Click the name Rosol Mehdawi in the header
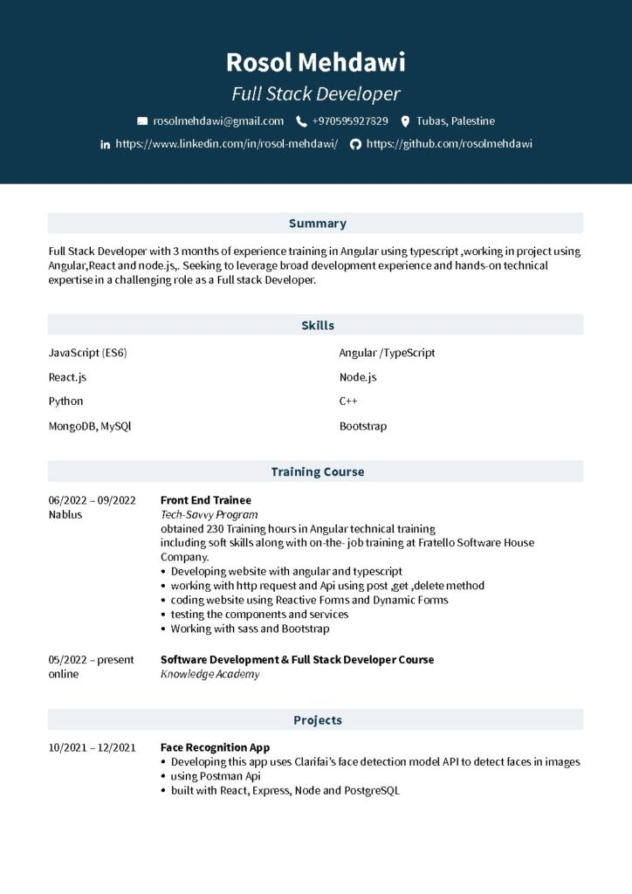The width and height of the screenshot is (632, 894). click(315, 63)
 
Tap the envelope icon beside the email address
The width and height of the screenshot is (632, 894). click(142, 121)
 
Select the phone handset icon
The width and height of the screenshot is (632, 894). click(301, 121)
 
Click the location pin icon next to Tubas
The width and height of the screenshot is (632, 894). click(405, 121)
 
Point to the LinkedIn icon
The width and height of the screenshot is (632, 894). click(106, 144)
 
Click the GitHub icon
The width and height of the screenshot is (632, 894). click(355, 144)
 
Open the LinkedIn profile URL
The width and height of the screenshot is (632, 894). click(226, 144)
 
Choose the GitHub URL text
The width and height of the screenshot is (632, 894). click(449, 144)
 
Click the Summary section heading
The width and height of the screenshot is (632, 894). click(317, 223)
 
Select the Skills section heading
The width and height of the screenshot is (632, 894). click(317, 326)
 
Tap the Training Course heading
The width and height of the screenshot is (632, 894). click(317, 471)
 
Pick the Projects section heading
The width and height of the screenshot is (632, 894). click(317, 720)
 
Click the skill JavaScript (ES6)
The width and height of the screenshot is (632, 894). click(87, 353)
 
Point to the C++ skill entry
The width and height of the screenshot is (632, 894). click(348, 402)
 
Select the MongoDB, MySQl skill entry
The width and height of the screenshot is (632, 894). click(90, 426)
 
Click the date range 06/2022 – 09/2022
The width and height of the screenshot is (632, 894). click(92, 500)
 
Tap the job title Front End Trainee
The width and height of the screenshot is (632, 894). click(205, 500)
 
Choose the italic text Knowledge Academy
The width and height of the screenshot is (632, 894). click(210, 674)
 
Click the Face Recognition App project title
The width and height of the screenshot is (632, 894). click(215, 747)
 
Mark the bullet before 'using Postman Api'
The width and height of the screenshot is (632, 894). click(164, 776)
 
